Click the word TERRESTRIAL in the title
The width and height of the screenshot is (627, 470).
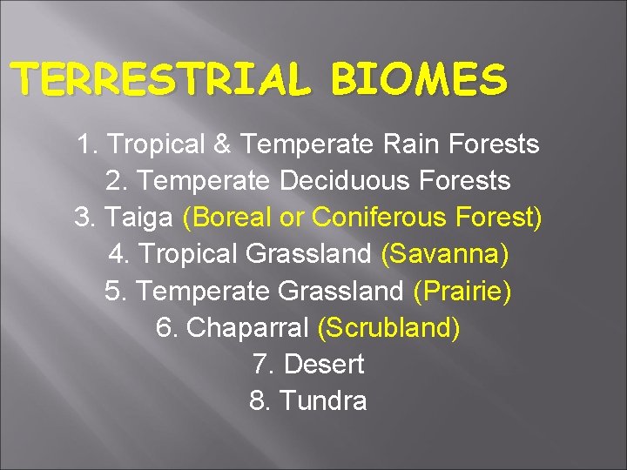pos(162,80)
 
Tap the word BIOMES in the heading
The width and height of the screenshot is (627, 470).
pos(418,80)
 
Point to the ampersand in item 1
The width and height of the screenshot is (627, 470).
pos(225,144)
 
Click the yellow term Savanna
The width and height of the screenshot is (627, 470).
pos(445,254)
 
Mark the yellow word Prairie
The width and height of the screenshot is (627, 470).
pos(462,291)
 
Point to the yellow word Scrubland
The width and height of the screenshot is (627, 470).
pos(389,327)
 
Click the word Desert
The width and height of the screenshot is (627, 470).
pos(324,364)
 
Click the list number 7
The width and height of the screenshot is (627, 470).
pos(260,364)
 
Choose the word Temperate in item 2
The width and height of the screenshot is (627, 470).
pos(205,181)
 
